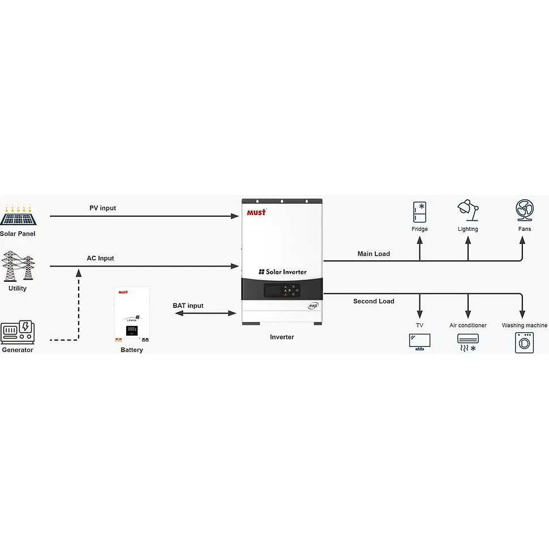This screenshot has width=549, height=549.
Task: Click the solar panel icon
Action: (x=18, y=215)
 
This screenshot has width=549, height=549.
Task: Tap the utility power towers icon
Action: (x=18, y=266)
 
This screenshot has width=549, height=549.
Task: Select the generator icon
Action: (x=18, y=332)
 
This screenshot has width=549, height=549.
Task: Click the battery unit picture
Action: (x=132, y=315)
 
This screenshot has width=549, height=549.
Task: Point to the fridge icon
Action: (x=419, y=212)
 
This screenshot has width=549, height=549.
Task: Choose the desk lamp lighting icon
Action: (x=468, y=211)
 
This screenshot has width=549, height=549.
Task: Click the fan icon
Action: (x=525, y=210)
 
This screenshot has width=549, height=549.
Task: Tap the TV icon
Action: (x=419, y=342)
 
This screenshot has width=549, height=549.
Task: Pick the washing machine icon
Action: (x=525, y=343)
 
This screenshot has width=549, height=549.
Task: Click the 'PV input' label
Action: (x=102, y=208)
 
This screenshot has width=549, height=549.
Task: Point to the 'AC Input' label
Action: (x=101, y=259)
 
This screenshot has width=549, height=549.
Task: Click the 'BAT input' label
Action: (x=188, y=306)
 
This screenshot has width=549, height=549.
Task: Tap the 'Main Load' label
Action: (x=374, y=254)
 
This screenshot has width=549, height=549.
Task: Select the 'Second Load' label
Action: (x=374, y=301)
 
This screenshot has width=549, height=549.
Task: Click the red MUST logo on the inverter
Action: (x=256, y=212)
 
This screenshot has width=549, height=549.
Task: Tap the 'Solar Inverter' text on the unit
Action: (x=282, y=272)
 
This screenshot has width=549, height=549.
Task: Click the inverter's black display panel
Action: (x=282, y=290)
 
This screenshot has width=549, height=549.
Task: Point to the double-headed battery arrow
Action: (x=205, y=314)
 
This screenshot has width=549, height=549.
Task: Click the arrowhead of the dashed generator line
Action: (x=79, y=273)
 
